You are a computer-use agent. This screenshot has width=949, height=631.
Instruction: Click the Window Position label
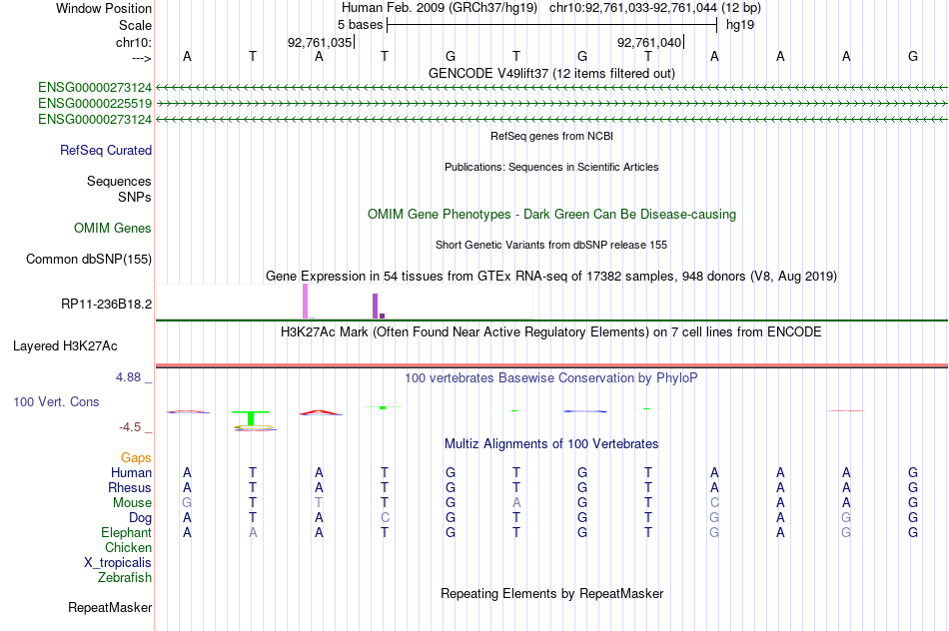coord(104,8)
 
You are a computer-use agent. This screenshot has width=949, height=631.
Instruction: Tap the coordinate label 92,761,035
coord(320,42)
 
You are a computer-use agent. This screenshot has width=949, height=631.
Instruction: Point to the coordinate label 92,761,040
coord(649,42)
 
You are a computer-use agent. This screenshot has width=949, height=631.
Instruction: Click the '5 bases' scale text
coord(360,25)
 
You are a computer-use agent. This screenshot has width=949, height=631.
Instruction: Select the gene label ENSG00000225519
coord(95,104)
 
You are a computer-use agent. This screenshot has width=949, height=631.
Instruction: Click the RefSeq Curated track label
coord(106,150)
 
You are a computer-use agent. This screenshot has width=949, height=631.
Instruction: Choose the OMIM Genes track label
coord(113,228)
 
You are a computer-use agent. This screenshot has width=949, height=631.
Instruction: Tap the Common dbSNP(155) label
coord(89,259)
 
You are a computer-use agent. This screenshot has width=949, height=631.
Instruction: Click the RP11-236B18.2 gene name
coord(107,304)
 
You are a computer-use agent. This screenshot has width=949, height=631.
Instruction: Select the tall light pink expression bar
coord(305,302)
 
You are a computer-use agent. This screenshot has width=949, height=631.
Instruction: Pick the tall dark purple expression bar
coord(376,307)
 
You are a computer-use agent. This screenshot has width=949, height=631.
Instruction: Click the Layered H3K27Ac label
coord(65,346)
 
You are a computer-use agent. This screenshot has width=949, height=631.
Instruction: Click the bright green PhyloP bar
coord(251,418)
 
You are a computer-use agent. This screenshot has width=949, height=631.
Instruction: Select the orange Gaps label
coord(136,458)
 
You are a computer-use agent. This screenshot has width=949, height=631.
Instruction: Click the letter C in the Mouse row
coord(714,503)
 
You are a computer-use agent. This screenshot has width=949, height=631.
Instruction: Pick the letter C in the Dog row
coord(385,518)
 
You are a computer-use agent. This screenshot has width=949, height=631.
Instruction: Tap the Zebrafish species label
coord(125,578)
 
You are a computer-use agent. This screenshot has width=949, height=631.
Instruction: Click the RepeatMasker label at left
coord(110,607)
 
